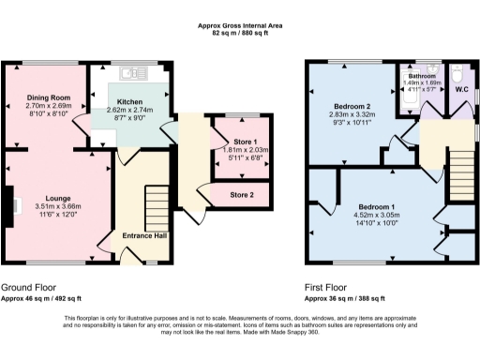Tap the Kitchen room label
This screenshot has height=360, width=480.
coord(129,101)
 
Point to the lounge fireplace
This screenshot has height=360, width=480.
coord(9,205)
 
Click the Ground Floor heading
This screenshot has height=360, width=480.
coord(28,287)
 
